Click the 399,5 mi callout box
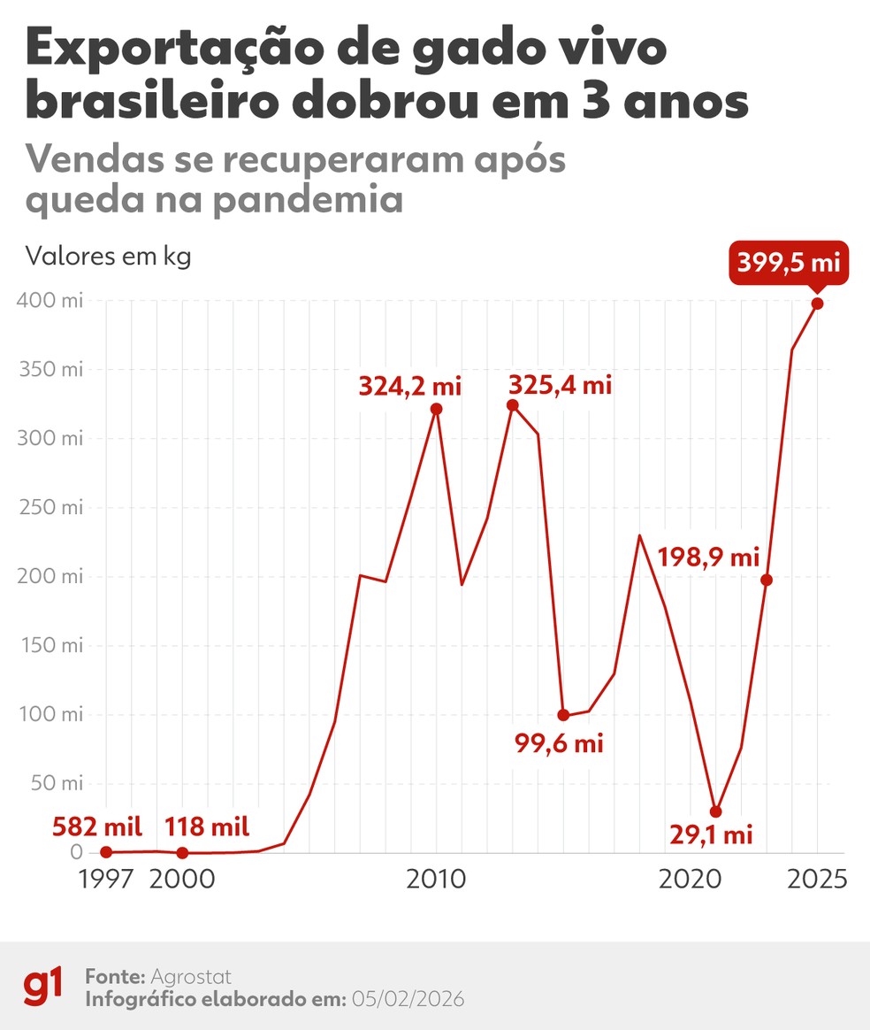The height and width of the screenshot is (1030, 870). click(x=789, y=262)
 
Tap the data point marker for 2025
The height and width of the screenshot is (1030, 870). click(x=818, y=304)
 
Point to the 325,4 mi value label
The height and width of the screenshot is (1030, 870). click(x=561, y=386)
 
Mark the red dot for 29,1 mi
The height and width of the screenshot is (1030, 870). click(x=716, y=811)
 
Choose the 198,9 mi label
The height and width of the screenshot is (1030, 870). click(x=709, y=557)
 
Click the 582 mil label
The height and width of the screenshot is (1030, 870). click(x=97, y=827)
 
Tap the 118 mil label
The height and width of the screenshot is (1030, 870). click(x=207, y=827)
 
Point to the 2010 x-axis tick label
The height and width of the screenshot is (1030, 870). click(x=436, y=880)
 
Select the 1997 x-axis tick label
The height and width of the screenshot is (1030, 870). click(x=106, y=880)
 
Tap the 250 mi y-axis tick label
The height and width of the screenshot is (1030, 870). click(x=50, y=508)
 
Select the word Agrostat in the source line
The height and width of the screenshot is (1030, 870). click(x=191, y=977)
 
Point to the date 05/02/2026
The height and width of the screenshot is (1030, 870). click(x=408, y=999)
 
